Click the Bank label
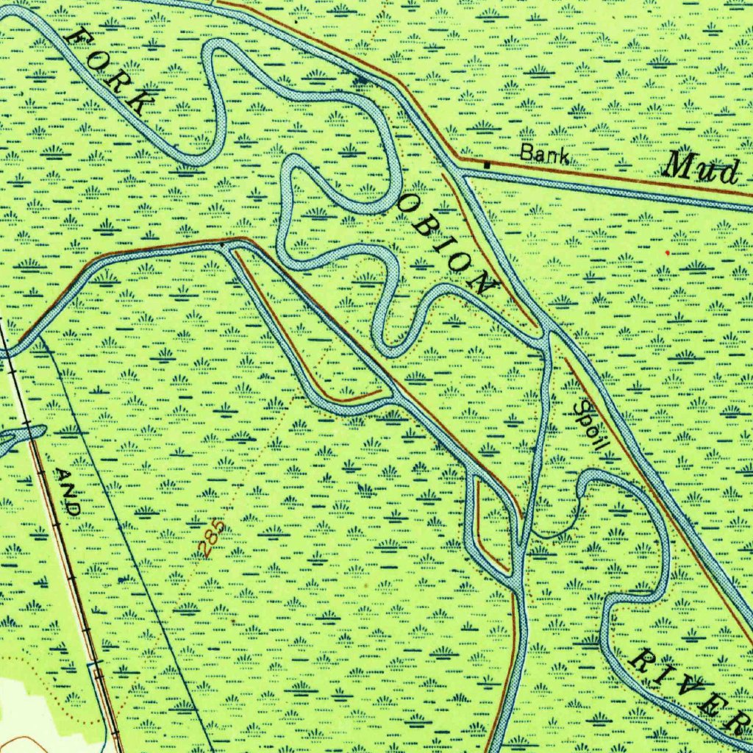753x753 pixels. coord(544,154)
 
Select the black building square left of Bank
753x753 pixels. coord(487,163)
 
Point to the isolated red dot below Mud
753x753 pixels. coord(667,252)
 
